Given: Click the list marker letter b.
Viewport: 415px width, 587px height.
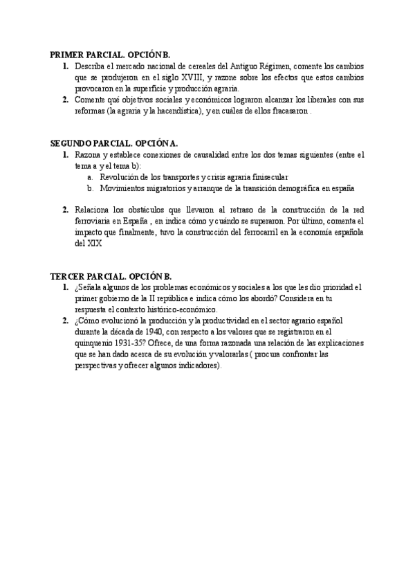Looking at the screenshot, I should pos(90,188).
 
